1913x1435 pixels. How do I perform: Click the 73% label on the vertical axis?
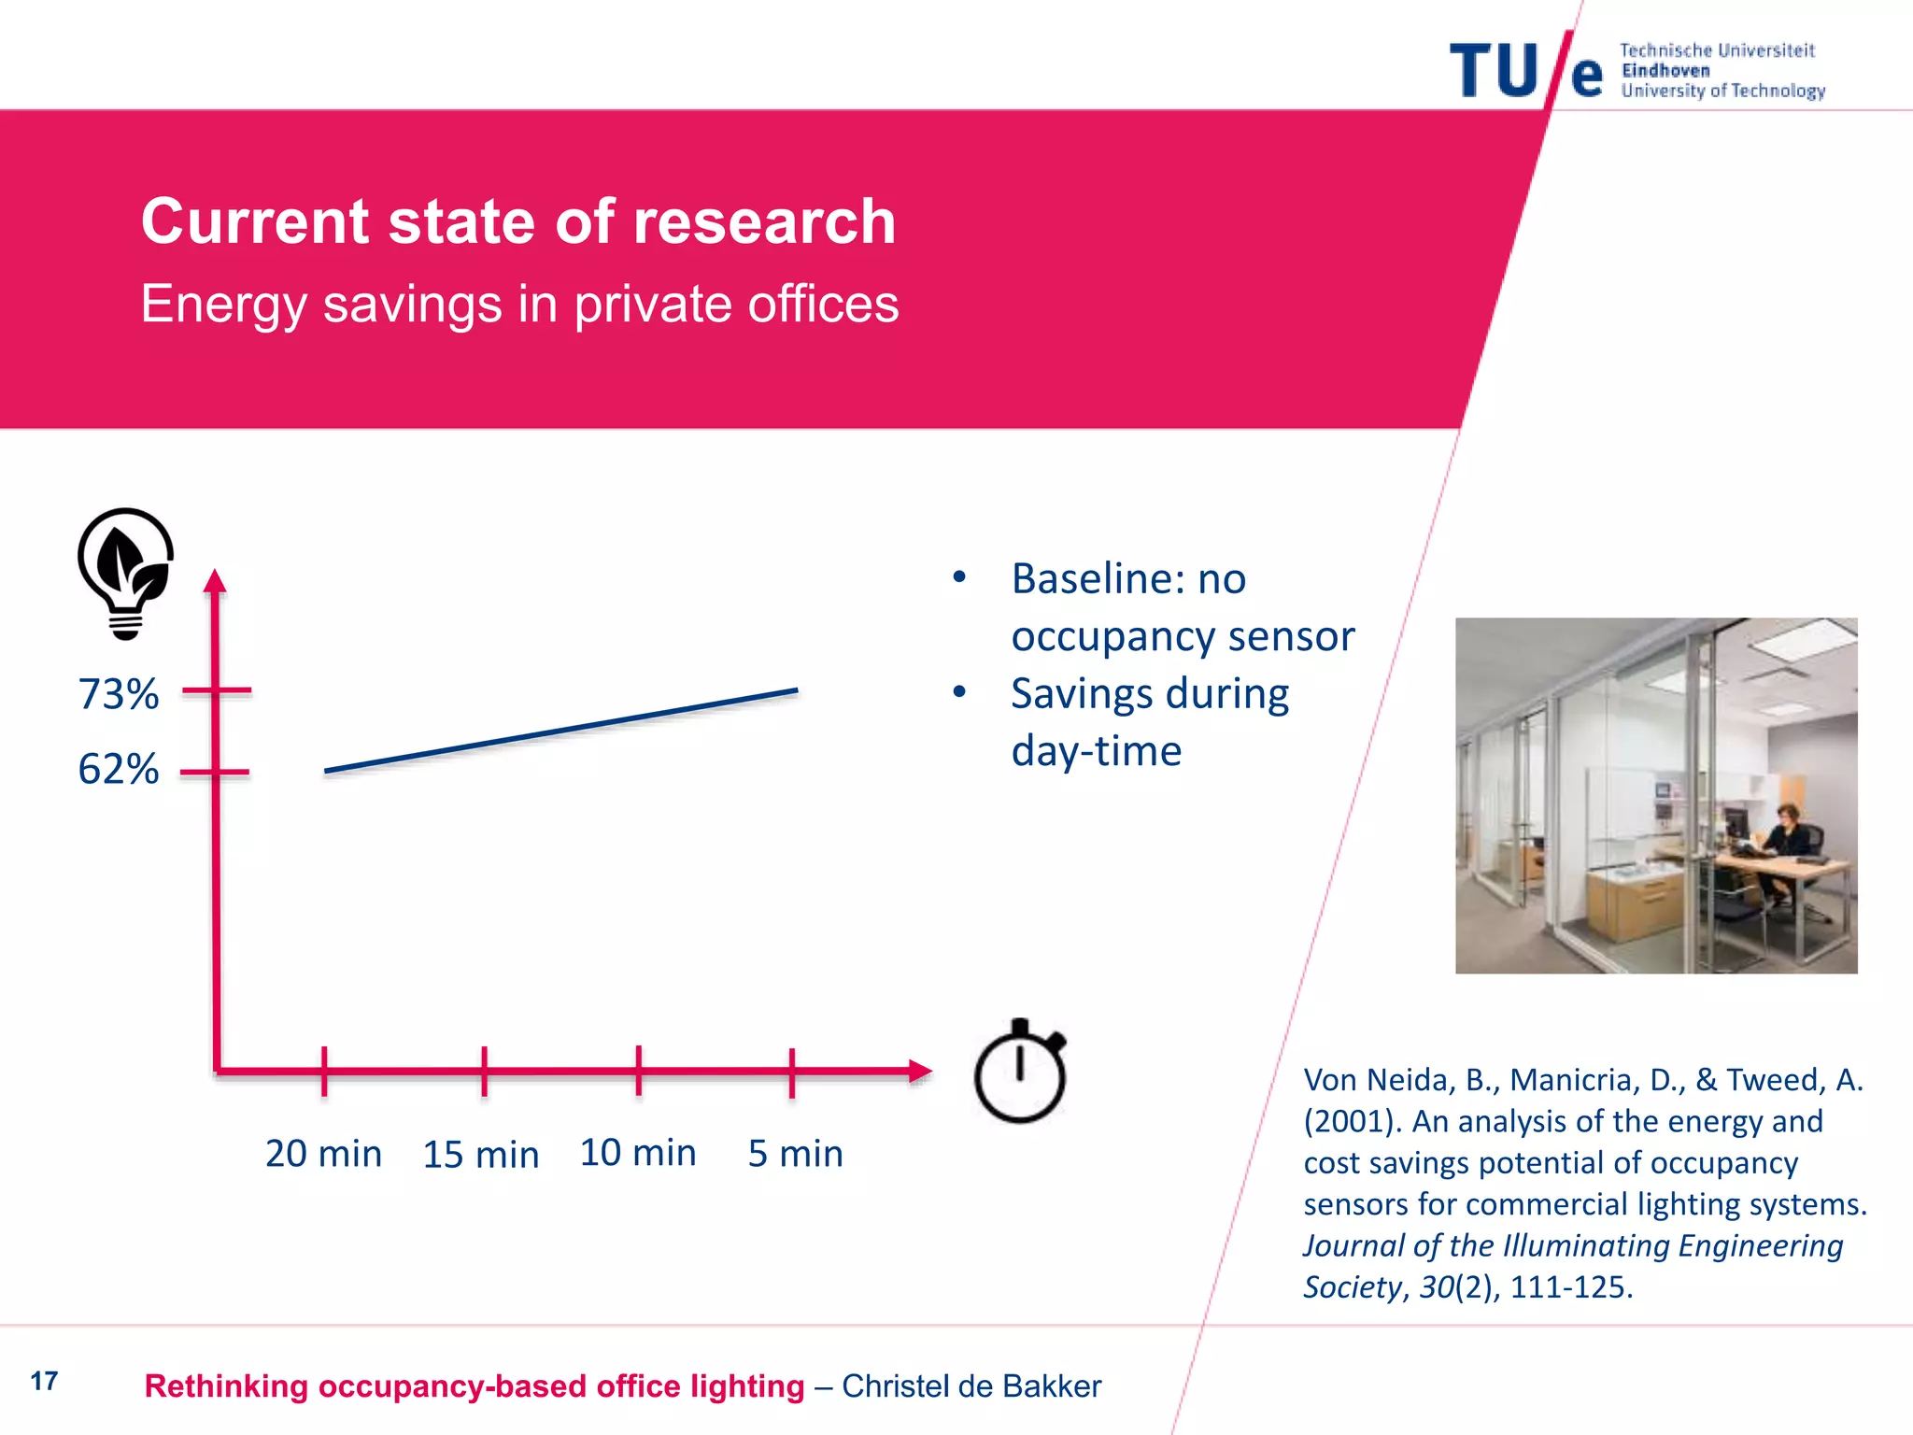pyautogui.click(x=119, y=694)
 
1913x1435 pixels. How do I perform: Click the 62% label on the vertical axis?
pyautogui.click(x=119, y=770)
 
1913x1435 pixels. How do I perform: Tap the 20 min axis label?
pyautogui.click(x=323, y=1154)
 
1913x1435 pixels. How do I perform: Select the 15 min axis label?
pyautogui.click(x=481, y=1155)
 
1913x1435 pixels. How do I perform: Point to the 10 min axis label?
pyautogui.click(x=638, y=1153)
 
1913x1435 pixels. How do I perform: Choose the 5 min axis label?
pyautogui.click(x=795, y=1154)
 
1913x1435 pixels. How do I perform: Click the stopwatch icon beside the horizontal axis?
pyautogui.click(x=1020, y=1073)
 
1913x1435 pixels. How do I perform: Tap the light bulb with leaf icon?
pyautogui.click(x=125, y=572)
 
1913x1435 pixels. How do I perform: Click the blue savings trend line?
pyautogui.click(x=560, y=731)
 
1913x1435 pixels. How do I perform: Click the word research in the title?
pyautogui.click(x=764, y=222)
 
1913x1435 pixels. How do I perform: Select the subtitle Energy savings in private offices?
pyautogui.click(x=519, y=305)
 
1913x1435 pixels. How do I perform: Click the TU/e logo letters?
pyautogui.click(x=1526, y=71)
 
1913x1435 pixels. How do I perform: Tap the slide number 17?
pyautogui.click(x=44, y=1381)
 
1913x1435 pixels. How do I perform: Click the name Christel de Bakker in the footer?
pyautogui.click(x=971, y=1386)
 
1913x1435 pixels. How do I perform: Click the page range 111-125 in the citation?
pyautogui.click(x=1571, y=1287)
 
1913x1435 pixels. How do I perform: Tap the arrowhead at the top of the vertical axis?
pyautogui.click(x=216, y=581)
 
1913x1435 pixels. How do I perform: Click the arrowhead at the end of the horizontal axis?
pyautogui.click(x=920, y=1071)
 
